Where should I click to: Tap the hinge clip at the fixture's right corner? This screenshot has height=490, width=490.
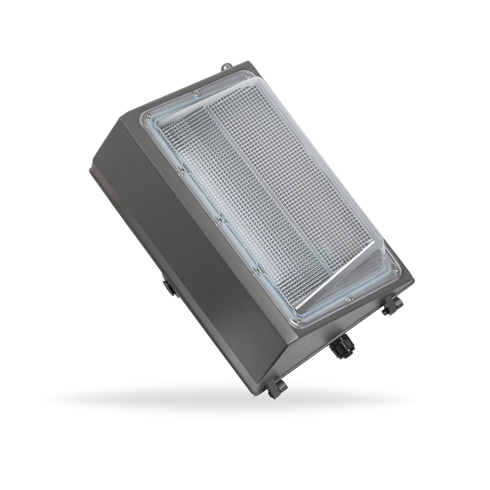click(391, 306)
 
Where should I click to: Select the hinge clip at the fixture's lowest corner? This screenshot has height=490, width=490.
click(276, 388)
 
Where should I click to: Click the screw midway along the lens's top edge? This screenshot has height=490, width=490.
click(195, 94)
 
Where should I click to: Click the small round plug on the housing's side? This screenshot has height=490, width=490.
click(167, 287)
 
